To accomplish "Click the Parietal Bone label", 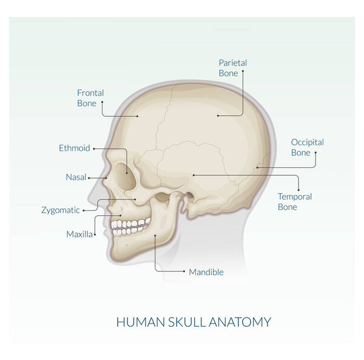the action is [233, 68].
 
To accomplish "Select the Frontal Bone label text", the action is [90, 98].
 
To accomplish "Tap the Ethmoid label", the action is [74, 148].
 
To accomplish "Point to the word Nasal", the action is [76, 177].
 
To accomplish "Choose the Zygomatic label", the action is [61, 210].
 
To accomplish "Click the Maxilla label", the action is [79, 235].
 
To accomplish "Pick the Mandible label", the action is [206, 272].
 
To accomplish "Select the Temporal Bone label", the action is [295, 202].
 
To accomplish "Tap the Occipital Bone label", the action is [308, 147].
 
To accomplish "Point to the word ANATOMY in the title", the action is [240, 322].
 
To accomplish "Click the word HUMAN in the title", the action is [141, 322].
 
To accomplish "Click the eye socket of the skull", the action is [126, 176].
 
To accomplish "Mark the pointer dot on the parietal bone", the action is [218, 116].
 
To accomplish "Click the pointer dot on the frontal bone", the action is [138, 116].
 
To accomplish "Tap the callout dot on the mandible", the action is [155, 235].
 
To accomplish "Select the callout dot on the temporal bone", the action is [194, 175].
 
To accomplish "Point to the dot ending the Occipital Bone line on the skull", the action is [257, 167].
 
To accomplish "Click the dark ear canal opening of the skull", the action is [190, 196].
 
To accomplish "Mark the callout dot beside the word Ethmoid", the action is [94, 148].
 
